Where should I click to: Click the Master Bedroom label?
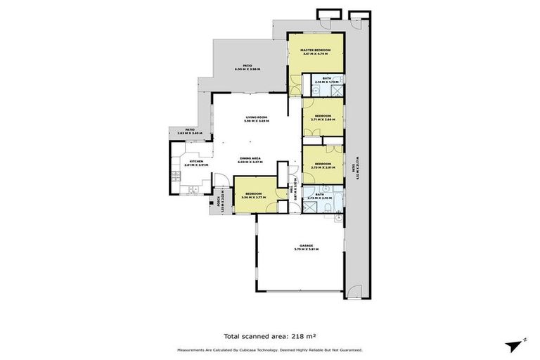click(316, 50)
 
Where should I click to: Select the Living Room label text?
click(257, 117)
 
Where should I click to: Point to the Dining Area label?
click(250, 158)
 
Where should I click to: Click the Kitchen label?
click(196, 162)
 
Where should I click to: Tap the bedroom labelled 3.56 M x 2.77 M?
click(252, 194)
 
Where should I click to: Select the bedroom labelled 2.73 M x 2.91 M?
click(323, 164)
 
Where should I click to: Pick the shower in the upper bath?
click(337, 90)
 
